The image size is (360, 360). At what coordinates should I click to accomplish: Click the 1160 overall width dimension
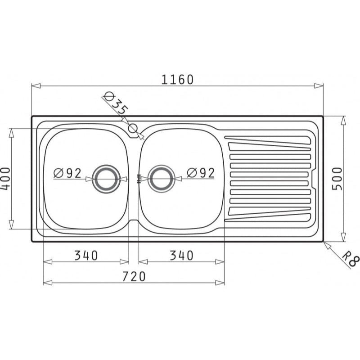(x=177, y=80)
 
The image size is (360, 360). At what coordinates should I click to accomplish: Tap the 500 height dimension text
(x=337, y=179)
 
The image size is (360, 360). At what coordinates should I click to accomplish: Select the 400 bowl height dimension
(x=5, y=179)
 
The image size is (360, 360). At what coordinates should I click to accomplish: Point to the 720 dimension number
(x=134, y=276)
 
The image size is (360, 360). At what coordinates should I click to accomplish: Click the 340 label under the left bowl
(x=86, y=255)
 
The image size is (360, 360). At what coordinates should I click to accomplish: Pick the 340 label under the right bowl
(x=182, y=255)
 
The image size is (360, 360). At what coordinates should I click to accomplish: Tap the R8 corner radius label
(x=351, y=259)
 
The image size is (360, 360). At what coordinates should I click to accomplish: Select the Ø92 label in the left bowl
(x=67, y=173)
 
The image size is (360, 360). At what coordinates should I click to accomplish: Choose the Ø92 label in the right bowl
(x=201, y=173)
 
